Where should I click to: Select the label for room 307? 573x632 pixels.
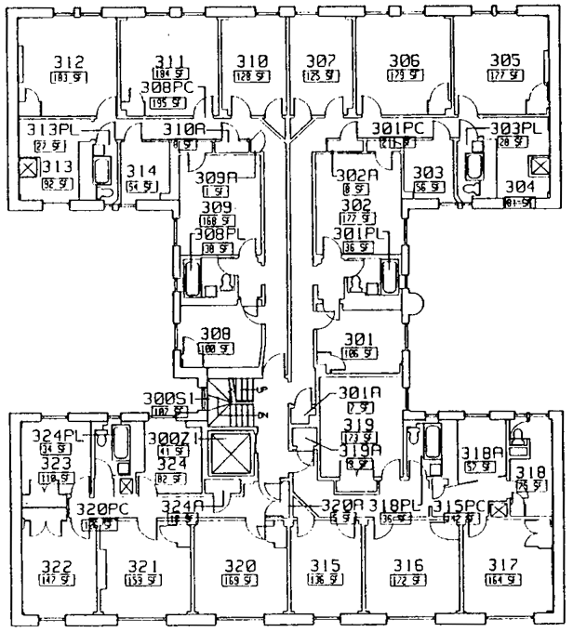[320, 61]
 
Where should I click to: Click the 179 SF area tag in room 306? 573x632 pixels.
[404, 75]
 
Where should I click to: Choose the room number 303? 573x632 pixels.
[427, 172]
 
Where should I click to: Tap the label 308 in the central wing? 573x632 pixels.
[216, 333]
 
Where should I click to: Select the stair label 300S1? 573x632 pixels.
[168, 397]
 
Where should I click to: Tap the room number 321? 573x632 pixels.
[142, 566]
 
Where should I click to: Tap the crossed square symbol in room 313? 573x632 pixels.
[28, 168]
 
